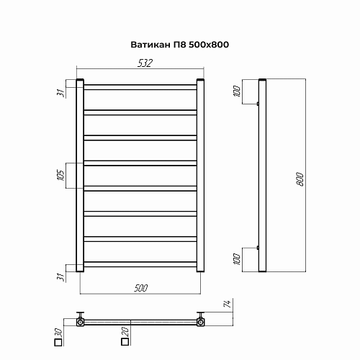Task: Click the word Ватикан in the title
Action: pyautogui.click(x=150, y=45)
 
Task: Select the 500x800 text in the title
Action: pyautogui.click(x=209, y=45)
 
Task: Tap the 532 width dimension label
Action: pyautogui.click(x=145, y=63)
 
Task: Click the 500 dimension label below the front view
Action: pyautogui.click(x=141, y=288)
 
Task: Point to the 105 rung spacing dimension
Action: pyautogui.click(x=61, y=175)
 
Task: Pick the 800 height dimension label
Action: pyautogui.click(x=300, y=179)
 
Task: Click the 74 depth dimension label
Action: pyautogui.click(x=227, y=304)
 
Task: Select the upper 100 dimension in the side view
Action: pyautogui.click(x=237, y=91)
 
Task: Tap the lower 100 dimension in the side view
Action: pyautogui.click(x=237, y=259)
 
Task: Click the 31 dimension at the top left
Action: pyautogui.click(x=60, y=92)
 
